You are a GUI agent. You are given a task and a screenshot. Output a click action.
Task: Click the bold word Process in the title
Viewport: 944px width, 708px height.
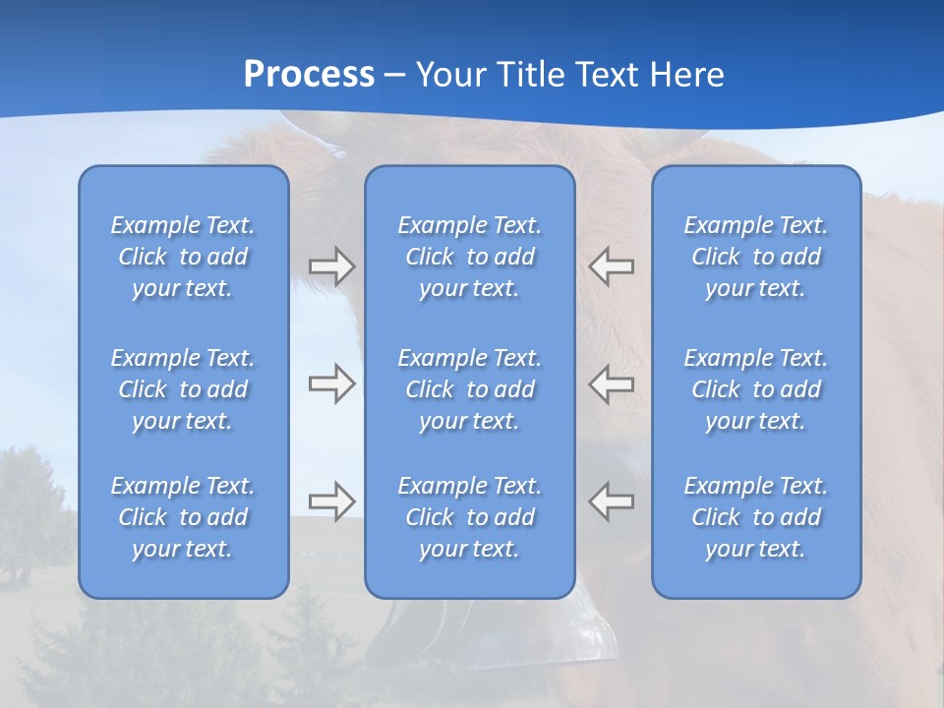click(309, 75)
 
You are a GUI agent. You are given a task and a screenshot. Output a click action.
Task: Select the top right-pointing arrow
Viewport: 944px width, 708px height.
click(331, 266)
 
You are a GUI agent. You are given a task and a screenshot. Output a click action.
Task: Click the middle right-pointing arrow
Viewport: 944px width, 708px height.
click(331, 383)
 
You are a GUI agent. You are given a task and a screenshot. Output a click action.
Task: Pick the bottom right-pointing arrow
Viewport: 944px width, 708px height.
click(331, 501)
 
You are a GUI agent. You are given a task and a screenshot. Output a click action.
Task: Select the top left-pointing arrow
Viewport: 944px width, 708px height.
click(612, 266)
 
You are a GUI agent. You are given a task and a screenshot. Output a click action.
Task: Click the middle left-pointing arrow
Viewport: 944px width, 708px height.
click(612, 383)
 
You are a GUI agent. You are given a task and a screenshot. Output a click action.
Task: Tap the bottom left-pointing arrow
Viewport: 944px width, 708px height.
click(612, 501)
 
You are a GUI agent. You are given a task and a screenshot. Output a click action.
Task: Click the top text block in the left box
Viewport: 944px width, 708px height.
click(183, 257)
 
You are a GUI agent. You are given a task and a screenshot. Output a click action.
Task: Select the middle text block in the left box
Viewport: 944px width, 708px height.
click(183, 389)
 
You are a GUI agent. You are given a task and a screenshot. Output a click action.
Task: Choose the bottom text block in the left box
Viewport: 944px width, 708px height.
click(183, 517)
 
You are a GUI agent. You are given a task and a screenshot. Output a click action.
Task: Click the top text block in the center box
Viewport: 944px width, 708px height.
click(470, 257)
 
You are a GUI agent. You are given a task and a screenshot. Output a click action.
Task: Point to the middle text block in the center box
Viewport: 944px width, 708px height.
click(470, 389)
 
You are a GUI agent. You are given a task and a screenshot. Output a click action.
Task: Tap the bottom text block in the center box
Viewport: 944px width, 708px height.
click(470, 517)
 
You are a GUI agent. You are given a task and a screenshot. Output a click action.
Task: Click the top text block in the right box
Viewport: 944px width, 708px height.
click(756, 257)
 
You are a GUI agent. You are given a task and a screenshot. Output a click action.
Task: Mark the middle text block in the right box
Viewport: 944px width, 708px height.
click(756, 389)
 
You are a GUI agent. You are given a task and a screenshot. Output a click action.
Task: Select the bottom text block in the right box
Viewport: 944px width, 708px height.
click(756, 517)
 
